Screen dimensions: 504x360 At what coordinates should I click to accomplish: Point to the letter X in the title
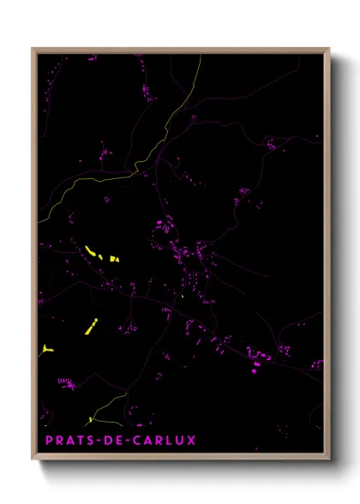click(x=191, y=441)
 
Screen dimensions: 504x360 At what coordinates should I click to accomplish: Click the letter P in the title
click(x=49, y=441)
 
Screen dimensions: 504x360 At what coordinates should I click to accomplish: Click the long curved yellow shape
click(x=93, y=252)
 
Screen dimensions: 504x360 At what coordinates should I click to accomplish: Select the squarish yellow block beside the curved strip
click(x=115, y=257)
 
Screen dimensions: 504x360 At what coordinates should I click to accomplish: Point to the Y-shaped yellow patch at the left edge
click(x=45, y=349)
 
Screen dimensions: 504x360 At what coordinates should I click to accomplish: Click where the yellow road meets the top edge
click(x=200, y=56)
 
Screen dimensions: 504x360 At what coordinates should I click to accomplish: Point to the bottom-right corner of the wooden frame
click(x=329, y=460)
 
